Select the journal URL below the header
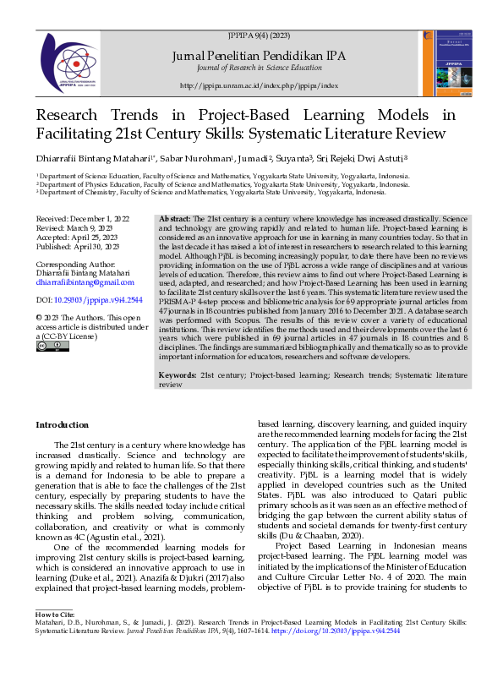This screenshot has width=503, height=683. [x=259, y=86]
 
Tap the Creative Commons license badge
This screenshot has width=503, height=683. [x=48, y=347]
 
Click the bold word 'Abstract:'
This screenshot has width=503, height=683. [x=175, y=219]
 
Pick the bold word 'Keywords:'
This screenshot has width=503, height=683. [x=178, y=373]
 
